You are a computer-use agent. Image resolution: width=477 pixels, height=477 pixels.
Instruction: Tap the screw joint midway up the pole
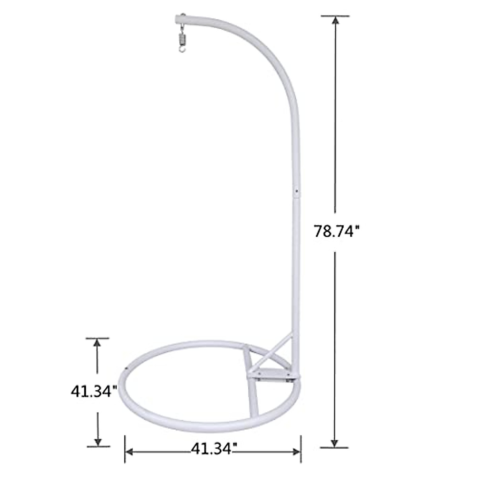(296, 191)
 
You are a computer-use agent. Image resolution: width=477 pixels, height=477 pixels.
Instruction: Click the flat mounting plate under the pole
(272, 374)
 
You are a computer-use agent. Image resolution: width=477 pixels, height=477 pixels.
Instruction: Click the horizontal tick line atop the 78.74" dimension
(335, 16)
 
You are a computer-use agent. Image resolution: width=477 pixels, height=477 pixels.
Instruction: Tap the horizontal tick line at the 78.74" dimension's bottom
(334, 447)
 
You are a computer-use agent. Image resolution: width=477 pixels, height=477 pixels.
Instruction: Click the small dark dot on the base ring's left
(126, 368)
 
